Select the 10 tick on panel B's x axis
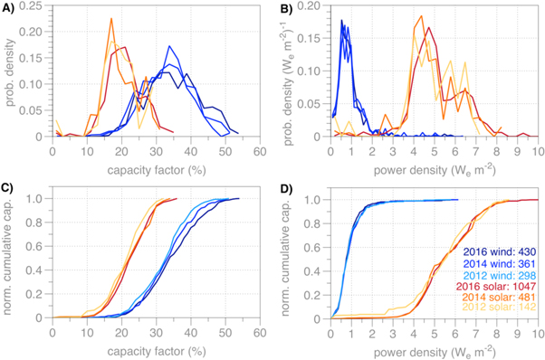[535, 147]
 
